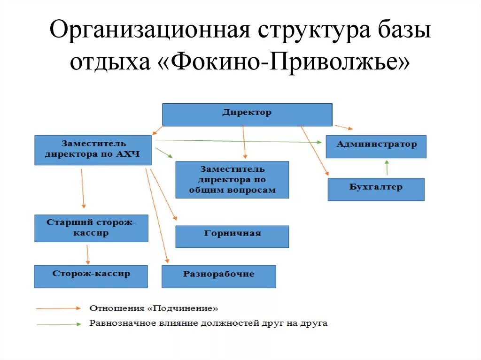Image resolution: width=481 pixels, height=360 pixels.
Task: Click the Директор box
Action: [247, 115]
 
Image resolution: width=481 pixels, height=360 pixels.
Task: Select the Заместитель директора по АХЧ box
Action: [93, 150]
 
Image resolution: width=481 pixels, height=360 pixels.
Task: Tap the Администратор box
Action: [376, 146]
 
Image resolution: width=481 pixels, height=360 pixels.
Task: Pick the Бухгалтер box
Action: [376, 189]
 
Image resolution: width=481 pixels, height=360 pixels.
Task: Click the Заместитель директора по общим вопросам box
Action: [232, 179]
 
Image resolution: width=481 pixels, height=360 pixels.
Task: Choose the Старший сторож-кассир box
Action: [91, 228]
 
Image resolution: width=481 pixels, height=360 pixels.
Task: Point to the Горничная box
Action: [232, 236]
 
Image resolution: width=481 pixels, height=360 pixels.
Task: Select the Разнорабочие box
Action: [218, 276]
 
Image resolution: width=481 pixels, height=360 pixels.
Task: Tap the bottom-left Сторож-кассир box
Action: [91, 276]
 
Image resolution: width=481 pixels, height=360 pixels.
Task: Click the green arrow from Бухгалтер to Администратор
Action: [387, 168]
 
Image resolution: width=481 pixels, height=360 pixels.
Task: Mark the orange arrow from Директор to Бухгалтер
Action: [314, 150]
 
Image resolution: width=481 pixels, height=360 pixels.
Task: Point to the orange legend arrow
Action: [58, 308]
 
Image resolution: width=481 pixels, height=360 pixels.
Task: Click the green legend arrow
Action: [58, 324]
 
